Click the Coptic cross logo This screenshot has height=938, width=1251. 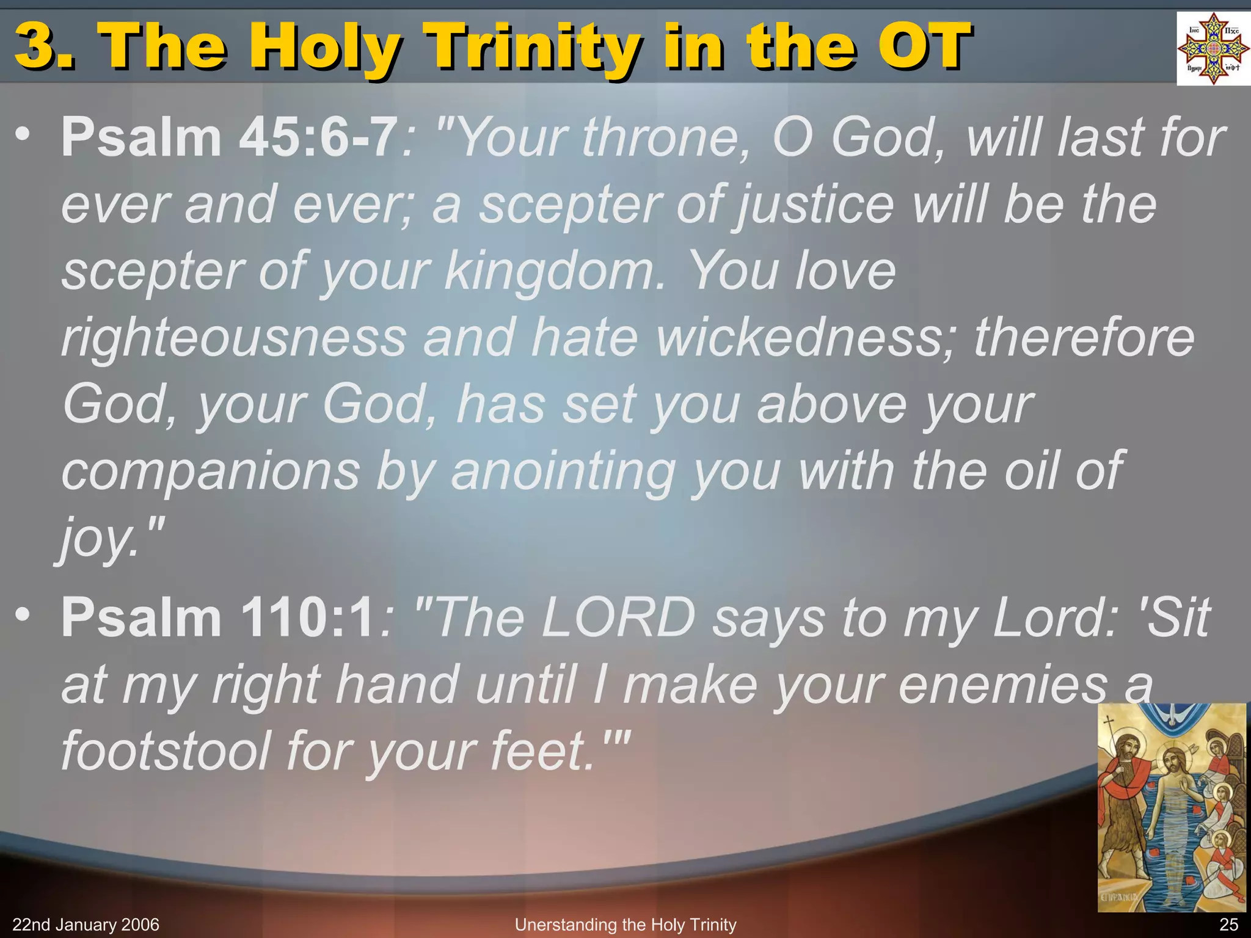coord(1213,49)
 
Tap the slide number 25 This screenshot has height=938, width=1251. coord(1228,925)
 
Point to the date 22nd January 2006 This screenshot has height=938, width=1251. coord(86,925)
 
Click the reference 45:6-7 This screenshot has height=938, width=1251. coord(318,138)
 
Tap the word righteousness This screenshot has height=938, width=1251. coord(234,338)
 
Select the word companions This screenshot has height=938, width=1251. coord(211,471)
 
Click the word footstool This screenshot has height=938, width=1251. coord(166,751)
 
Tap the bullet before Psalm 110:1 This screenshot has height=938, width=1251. coord(23,614)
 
